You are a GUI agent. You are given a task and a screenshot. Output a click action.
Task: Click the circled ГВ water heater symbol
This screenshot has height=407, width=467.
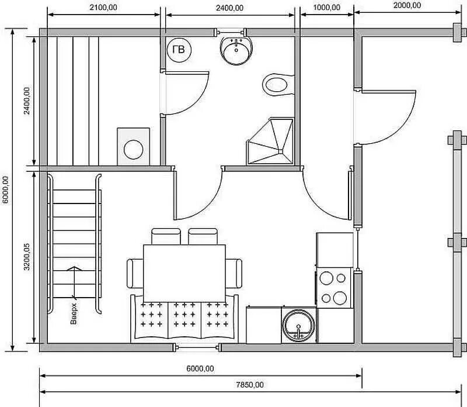coord(179,50)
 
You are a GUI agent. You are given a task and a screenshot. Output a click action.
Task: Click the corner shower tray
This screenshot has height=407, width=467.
coord(270,141)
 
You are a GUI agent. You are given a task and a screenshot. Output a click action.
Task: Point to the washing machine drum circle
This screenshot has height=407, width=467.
coord(134,150)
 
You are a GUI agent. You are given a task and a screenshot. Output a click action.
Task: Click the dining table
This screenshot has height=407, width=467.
coord(184,273)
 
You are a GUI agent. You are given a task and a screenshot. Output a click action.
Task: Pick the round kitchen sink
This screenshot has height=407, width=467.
coord(298,326)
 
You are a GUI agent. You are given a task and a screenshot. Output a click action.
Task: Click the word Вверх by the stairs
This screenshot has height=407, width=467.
coord(74,313)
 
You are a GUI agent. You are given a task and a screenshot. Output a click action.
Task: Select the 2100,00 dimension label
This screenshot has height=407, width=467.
coord(103,8)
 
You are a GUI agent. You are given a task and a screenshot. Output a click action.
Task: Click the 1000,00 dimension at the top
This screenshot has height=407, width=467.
coord(327,8)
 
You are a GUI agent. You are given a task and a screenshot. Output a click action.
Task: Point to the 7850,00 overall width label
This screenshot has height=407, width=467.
coord(250,385)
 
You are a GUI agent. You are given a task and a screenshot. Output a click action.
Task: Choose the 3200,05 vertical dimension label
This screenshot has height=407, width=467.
coord(27,257)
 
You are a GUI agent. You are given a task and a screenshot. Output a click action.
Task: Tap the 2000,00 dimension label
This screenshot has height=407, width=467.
coord(407,5)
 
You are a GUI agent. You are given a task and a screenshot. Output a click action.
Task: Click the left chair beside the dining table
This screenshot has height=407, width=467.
coord(135,273)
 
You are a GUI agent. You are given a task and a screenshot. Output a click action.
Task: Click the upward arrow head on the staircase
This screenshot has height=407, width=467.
coord(74,268)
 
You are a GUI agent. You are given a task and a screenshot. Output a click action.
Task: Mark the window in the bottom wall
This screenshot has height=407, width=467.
coord(197,347)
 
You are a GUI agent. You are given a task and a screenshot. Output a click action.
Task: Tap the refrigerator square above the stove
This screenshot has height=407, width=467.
coord(334,250)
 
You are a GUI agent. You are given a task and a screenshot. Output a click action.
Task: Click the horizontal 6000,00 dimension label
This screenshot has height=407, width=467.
coord(200,369)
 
